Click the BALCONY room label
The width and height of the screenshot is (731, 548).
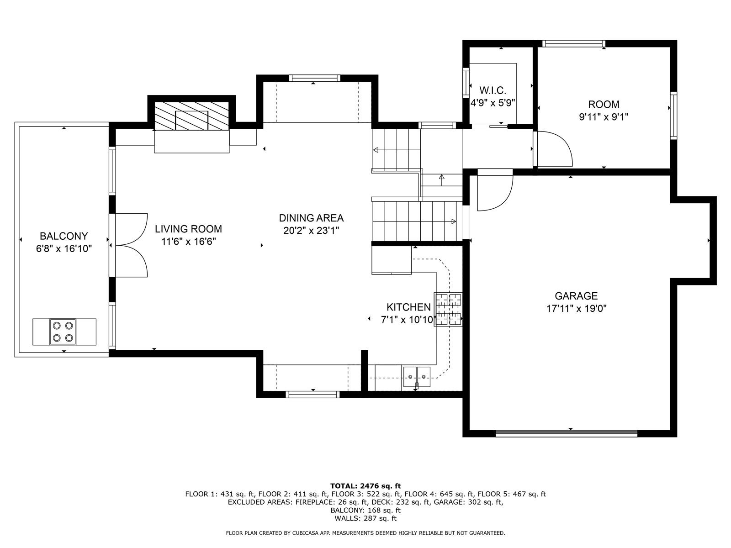(x=64, y=236)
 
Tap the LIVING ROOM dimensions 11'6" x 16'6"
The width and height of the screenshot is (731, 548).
(x=188, y=242)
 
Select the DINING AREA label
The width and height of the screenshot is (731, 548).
(x=311, y=218)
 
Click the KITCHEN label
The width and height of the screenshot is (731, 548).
(x=408, y=307)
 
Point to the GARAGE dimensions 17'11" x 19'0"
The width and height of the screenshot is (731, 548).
(x=576, y=308)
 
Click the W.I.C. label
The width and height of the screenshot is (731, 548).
(x=493, y=90)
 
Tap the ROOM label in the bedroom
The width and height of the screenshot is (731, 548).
(x=604, y=104)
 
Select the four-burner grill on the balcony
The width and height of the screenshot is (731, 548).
(x=63, y=332)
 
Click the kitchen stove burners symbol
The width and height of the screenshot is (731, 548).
(x=448, y=310)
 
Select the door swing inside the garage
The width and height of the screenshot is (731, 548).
(x=495, y=190)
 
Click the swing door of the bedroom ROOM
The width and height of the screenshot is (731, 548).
(x=554, y=149)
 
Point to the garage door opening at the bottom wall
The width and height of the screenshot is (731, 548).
(x=566, y=433)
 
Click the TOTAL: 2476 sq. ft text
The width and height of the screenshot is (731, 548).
(x=365, y=486)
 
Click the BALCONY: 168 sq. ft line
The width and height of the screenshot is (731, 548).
(x=365, y=510)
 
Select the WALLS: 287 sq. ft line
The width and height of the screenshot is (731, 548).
(x=365, y=518)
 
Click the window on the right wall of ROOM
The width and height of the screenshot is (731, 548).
(x=673, y=116)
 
